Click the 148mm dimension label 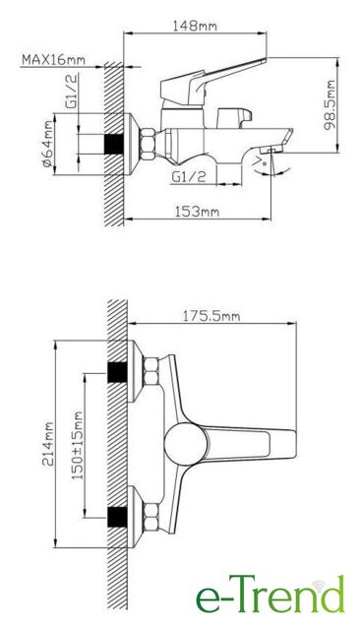pos(195,27)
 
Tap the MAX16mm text pos(53,59)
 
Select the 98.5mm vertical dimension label pos(330,105)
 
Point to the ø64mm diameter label pos(48,144)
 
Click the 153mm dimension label pos(197,211)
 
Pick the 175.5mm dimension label pos(211,316)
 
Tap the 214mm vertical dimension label pos(48,443)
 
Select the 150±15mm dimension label pos(78,445)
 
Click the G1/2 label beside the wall pos(72,91)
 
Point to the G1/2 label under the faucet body pos(189,176)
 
